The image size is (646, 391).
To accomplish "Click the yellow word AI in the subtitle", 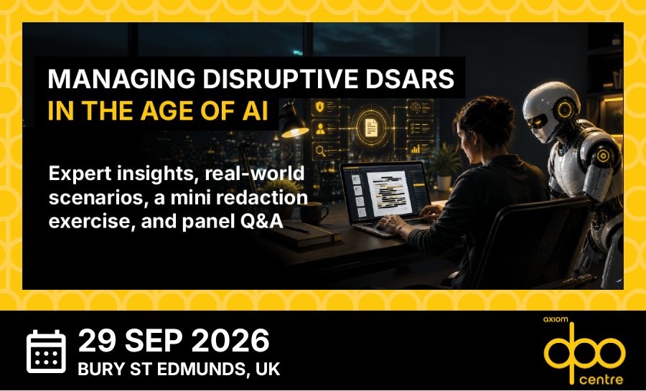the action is [255, 110].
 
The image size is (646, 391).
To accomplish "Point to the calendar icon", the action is [46, 351].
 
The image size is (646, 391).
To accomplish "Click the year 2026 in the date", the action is [230, 341].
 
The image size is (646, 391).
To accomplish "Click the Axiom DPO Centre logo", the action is [584, 351].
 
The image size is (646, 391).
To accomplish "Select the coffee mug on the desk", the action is [313, 213].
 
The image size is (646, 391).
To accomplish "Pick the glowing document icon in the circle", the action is [372, 127].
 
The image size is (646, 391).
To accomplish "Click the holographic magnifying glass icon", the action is [321, 151].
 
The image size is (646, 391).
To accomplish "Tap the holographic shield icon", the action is [320, 107].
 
